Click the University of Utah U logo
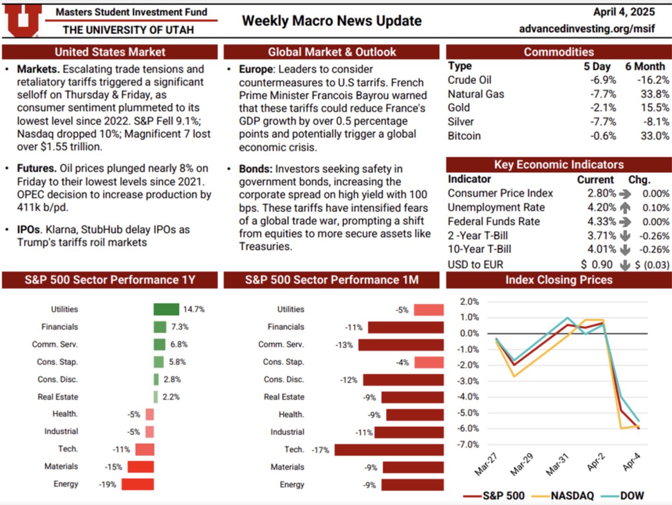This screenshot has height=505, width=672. pos(22,20)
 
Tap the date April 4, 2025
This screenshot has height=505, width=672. pos(624,12)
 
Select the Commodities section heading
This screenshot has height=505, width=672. pos(558,52)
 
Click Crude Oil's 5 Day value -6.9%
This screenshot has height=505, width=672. pos(603,80)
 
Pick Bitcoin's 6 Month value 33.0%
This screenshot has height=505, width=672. pos(654,136)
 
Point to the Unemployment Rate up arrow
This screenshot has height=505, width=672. pos(625,208)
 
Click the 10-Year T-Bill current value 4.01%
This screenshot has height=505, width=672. pos(601,249)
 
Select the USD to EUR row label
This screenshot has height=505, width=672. pos(475,265)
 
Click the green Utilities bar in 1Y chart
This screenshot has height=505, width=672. pos(166,309)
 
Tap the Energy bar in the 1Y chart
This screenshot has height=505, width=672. pos(138,484)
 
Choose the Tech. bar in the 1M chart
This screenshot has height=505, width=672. pos(389,450)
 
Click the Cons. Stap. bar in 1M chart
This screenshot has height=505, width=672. pos(429,362)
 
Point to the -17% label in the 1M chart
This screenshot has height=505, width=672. pos(320,450)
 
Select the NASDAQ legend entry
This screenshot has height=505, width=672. pos(572,496)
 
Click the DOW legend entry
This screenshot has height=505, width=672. pos(631,496)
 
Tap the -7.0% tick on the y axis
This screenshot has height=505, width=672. pos(469,445)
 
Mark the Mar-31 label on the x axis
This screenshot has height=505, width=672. pos(557,465)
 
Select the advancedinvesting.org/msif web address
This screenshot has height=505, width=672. pos(587,29)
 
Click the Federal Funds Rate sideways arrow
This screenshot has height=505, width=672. pos(625,222)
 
